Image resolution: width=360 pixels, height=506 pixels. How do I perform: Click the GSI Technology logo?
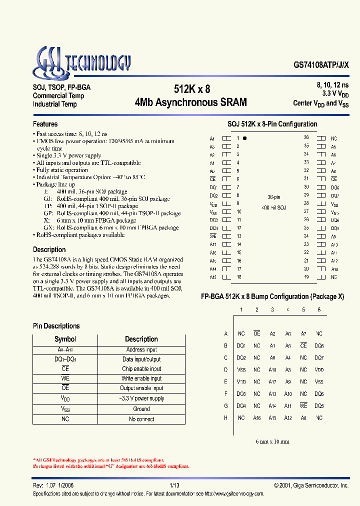pyautogui.click(x=81, y=62)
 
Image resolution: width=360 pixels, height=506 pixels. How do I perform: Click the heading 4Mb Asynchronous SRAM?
pyautogui.click(x=191, y=102)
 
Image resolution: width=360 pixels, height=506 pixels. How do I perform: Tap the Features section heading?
pyautogui.click(x=45, y=124)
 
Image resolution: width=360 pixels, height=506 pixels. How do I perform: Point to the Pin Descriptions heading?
pyautogui.click(x=56, y=326)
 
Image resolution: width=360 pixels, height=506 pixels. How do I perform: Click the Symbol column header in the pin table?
pyautogui.click(x=65, y=339)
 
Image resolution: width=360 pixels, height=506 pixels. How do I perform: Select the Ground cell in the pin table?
pyautogui.click(x=141, y=408)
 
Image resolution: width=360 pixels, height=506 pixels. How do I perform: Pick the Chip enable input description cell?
pyautogui.click(x=141, y=369)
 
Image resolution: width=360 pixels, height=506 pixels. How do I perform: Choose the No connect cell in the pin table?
pyautogui.click(x=141, y=419)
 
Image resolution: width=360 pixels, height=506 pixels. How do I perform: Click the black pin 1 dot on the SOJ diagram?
pyautogui.click(x=244, y=138)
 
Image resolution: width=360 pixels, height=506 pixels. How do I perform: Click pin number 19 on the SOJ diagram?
pyautogui.click(x=306, y=276)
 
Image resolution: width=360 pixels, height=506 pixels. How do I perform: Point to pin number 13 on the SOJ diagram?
pyautogui.click(x=238, y=236)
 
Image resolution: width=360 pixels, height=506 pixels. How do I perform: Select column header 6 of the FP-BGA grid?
pyautogui.click(x=319, y=310)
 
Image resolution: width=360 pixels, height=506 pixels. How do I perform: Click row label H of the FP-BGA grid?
pyautogui.click(x=225, y=417)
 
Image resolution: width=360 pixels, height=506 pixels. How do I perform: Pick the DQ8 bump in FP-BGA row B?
pyautogui.click(x=319, y=345)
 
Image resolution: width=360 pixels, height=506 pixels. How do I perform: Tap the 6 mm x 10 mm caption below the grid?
pyautogui.click(x=272, y=441)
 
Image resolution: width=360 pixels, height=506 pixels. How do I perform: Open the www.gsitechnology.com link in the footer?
pyautogui.click(x=233, y=493)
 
